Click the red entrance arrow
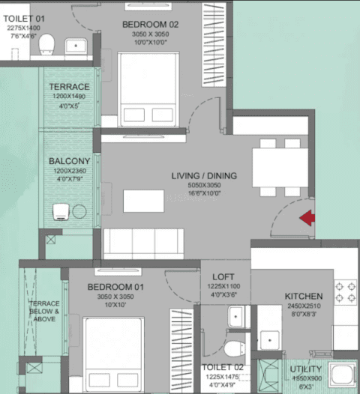click(307, 219)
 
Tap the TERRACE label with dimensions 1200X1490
click(70, 87)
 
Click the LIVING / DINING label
click(203, 176)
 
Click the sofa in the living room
click(143, 243)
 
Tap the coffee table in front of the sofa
click(143, 201)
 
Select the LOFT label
click(223, 276)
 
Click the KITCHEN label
click(304, 297)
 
